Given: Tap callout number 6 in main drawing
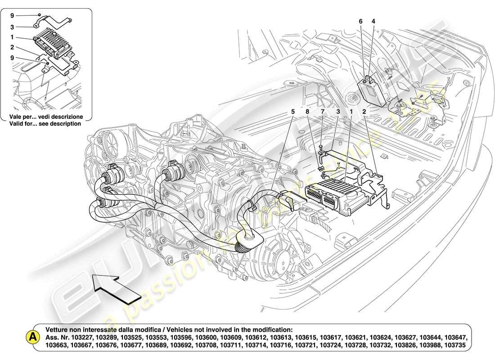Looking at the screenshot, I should (x=360, y=21).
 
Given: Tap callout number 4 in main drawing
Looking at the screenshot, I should (x=373, y=21).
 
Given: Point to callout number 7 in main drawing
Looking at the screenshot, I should (x=322, y=111).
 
